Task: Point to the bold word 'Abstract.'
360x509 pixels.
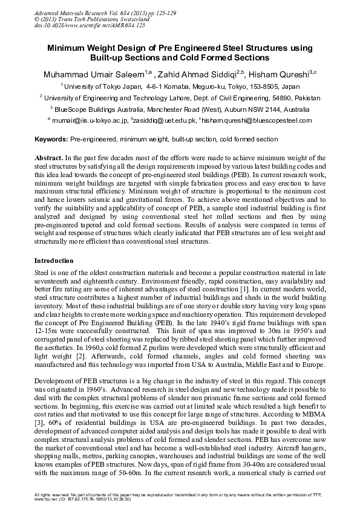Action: coord(48,157)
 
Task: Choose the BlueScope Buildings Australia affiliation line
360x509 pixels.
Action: coord(182,109)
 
